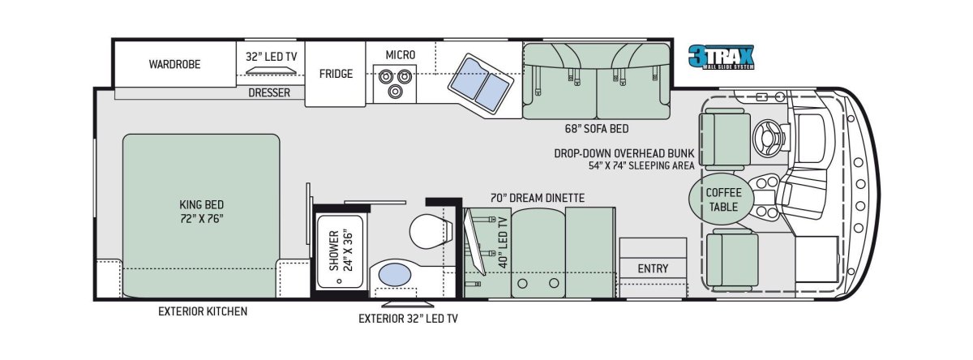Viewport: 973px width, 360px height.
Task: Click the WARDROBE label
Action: (174, 64)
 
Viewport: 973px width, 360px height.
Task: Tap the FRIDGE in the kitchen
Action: (336, 74)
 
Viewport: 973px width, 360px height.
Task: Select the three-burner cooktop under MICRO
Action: (395, 84)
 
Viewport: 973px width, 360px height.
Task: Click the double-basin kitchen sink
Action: (480, 84)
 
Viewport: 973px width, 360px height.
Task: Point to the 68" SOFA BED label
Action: (597, 129)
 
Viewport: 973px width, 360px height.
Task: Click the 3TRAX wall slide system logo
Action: (721, 58)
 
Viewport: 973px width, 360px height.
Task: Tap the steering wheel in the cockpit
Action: (768, 137)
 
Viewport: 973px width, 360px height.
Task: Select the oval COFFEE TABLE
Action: (723, 199)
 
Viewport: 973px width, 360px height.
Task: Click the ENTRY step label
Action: (653, 268)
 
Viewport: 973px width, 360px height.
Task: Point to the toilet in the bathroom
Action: (431, 231)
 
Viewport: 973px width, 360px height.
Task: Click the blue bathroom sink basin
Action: (394, 275)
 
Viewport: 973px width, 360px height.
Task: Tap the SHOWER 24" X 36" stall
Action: (340, 251)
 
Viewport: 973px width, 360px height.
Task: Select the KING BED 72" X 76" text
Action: (202, 211)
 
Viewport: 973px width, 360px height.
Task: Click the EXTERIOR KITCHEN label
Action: (203, 311)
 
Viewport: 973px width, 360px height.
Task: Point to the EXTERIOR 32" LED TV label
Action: (408, 319)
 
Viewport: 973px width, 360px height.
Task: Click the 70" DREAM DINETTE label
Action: (538, 198)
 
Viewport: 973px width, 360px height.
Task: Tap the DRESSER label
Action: (269, 92)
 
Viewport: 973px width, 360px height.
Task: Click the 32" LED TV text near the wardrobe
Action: (272, 57)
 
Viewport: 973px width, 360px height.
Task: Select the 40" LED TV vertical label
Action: (503, 242)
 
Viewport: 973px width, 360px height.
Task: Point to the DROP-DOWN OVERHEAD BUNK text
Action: (624, 153)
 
